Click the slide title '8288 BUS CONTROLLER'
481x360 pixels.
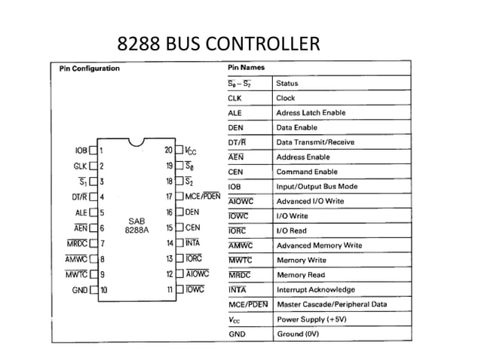click(x=218, y=44)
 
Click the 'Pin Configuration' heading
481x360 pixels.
click(x=89, y=69)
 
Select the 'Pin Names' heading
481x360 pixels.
click(x=247, y=69)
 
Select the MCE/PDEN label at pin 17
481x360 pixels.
click(x=204, y=197)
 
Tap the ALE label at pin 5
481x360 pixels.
click(x=81, y=212)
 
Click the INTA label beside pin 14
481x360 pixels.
click(x=192, y=243)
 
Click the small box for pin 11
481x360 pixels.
click(x=179, y=289)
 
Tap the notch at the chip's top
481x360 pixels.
click(x=136, y=142)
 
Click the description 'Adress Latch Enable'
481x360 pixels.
click(x=311, y=113)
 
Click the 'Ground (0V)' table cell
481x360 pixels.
click(x=299, y=334)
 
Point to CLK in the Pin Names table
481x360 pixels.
click(x=234, y=98)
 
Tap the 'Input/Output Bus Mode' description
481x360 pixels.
click(x=317, y=187)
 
